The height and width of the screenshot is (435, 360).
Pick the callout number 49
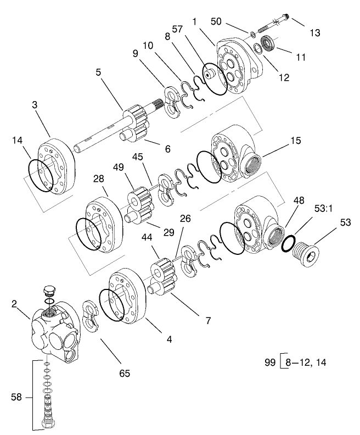click(119, 168)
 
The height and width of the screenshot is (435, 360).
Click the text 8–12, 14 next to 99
click(306, 362)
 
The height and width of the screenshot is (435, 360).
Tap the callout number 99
click(270, 362)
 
